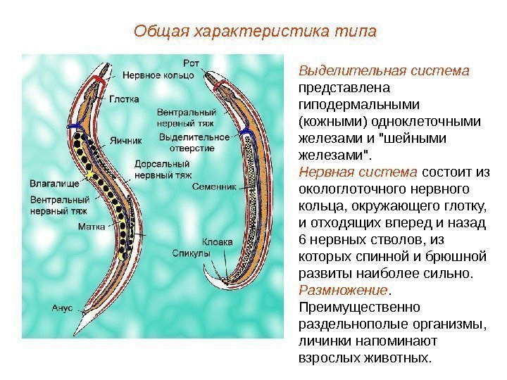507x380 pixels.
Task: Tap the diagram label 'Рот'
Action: point(191,63)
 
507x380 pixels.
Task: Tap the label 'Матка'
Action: point(92,227)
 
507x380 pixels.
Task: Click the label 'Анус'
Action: point(63,308)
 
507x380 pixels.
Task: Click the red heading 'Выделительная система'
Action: point(384,72)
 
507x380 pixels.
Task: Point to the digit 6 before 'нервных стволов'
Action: point(303,240)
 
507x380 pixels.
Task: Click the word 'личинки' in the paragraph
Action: point(322,341)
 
